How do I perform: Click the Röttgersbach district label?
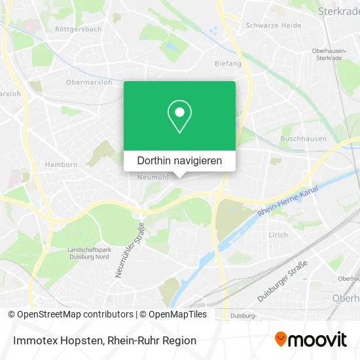click(78, 29)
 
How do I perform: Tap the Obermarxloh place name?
click(89, 82)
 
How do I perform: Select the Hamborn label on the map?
click(61, 165)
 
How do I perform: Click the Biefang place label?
click(228, 63)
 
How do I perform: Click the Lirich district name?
click(278, 234)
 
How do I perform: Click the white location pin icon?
click(179, 117)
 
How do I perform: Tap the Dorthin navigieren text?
click(179, 160)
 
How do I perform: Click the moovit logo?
click(310, 339)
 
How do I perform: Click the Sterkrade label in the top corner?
click(338, 11)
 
